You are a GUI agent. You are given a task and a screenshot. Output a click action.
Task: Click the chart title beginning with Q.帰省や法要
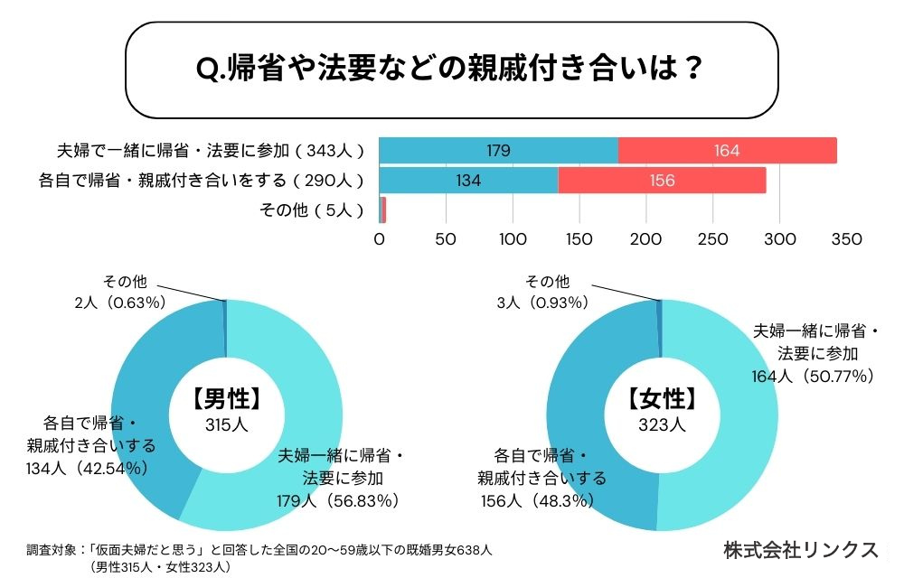[x=449, y=69]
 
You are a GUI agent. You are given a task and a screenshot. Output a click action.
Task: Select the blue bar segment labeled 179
[x=498, y=151]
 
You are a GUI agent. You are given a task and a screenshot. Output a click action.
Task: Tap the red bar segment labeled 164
[x=727, y=151]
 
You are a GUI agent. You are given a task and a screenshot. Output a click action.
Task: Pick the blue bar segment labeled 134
[x=468, y=181]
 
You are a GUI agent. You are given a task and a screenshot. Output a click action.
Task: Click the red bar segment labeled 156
[x=662, y=181]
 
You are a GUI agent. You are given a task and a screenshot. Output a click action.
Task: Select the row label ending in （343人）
[x=211, y=151]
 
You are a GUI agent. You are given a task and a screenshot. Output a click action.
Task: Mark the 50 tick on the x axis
[x=446, y=240]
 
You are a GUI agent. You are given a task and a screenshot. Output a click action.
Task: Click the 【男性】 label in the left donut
[x=226, y=400]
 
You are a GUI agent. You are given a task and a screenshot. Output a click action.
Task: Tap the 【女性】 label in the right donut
[x=663, y=400]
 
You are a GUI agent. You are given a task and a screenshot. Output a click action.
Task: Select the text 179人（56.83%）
[x=338, y=499]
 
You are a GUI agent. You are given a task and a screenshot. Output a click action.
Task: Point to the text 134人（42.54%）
[x=88, y=467]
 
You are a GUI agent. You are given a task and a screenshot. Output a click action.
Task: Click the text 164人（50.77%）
[x=813, y=376]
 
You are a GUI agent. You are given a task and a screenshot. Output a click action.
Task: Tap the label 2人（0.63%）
[x=118, y=303]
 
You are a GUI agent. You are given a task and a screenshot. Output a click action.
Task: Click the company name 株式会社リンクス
[x=801, y=550]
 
